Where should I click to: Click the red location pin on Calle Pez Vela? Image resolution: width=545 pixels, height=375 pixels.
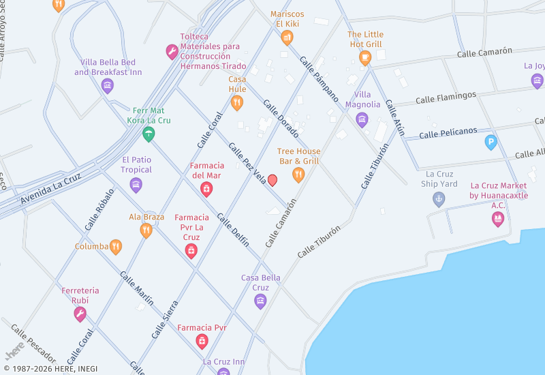272,180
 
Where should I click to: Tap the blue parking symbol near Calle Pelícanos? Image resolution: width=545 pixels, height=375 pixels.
490,142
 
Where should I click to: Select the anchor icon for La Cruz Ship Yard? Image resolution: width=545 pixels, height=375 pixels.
439,199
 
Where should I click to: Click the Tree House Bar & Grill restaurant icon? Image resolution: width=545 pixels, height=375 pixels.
298,175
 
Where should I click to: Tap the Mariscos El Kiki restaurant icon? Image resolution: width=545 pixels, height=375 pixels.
287,37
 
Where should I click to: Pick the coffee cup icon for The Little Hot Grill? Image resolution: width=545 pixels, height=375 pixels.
365,58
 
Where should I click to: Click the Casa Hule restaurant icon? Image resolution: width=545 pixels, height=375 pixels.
237,103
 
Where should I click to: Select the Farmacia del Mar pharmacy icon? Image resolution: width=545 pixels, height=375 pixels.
206,189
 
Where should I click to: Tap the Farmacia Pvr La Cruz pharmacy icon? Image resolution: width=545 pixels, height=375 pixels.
191,251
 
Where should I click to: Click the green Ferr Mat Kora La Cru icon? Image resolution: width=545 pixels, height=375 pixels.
149,134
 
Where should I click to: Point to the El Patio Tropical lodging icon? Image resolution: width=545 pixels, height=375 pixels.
136,185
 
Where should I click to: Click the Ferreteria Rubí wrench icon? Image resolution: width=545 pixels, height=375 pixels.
80,314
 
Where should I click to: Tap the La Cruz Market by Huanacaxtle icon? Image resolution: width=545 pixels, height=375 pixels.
498,219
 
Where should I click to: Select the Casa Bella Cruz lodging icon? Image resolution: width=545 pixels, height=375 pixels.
260,301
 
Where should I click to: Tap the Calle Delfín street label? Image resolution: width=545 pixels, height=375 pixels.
233,230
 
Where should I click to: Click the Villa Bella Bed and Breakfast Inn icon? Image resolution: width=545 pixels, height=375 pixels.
108,85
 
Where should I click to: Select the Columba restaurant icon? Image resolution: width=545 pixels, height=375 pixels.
116,247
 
